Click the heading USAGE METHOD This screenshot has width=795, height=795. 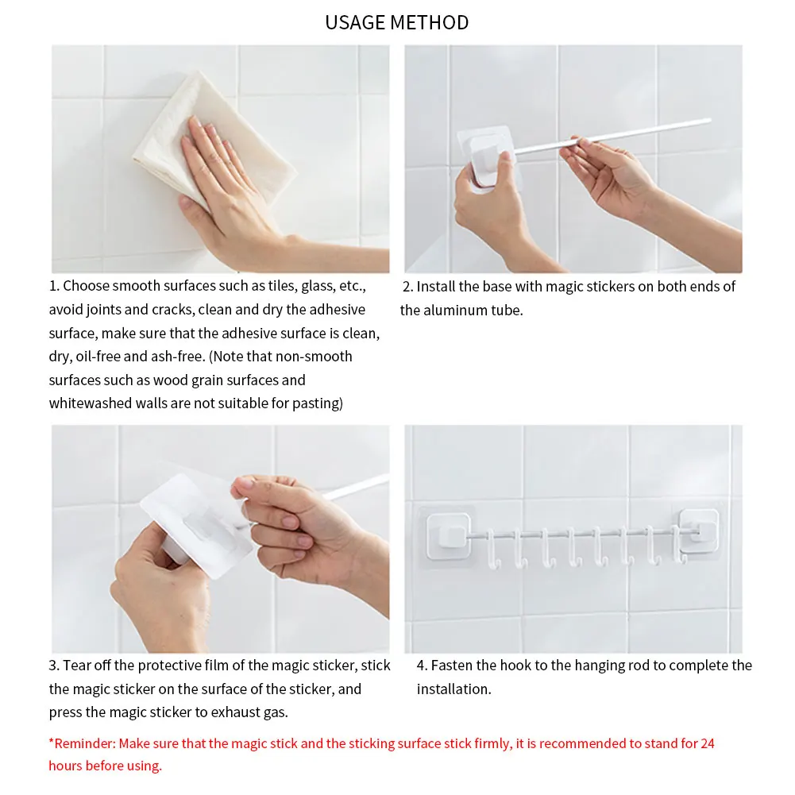(x=397, y=23)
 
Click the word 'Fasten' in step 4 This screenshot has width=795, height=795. (x=453, y=666)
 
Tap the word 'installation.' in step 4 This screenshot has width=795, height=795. (x=453, y=689)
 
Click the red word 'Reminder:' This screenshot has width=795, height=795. (x=85, y=743)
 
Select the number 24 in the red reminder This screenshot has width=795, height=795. (x=708, y=743)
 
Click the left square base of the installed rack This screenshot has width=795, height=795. (x=448, y=536)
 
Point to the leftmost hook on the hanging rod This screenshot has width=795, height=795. (x=492, y=550)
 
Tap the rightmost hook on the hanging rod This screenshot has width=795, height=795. (x=678, y=545)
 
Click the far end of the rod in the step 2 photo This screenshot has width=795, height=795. (x=709, y=120)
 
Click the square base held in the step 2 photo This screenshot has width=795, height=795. (x=487, y=158)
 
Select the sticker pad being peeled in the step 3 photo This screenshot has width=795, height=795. (x=195, y=525)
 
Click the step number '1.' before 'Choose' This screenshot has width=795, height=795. (x=54, y=286)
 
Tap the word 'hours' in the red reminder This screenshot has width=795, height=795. (x=65, y=766)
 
